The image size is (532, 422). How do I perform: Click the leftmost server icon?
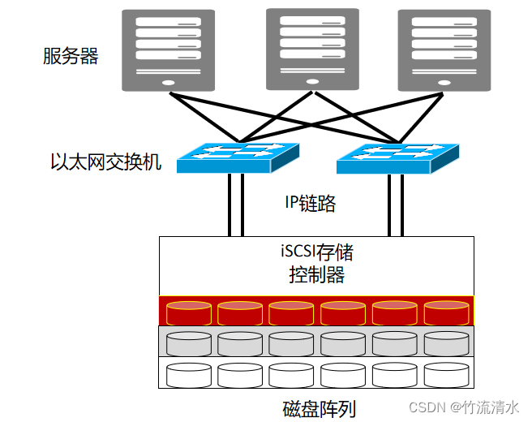click(169, 50)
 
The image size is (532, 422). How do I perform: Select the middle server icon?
click(312, 50)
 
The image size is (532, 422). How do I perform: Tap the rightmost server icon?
click(444, 50)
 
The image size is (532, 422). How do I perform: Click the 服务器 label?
click(71, 57)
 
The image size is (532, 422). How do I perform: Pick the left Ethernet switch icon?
click(238, 157)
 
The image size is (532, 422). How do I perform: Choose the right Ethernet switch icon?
click(397, 157)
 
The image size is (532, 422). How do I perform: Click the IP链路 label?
click(310, 204)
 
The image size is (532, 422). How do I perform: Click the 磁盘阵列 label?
click(319, 408)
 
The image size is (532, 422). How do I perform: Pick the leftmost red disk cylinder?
click(188, 312)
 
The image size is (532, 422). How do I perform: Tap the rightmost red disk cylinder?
click(446, 312)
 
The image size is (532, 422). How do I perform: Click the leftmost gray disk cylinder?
click(188, 343)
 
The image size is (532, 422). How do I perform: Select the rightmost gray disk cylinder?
click(446, 343)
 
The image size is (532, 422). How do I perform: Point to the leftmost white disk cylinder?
click(188, 374)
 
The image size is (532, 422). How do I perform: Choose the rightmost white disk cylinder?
click(446, 374)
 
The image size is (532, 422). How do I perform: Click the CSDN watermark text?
click(462, 406)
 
